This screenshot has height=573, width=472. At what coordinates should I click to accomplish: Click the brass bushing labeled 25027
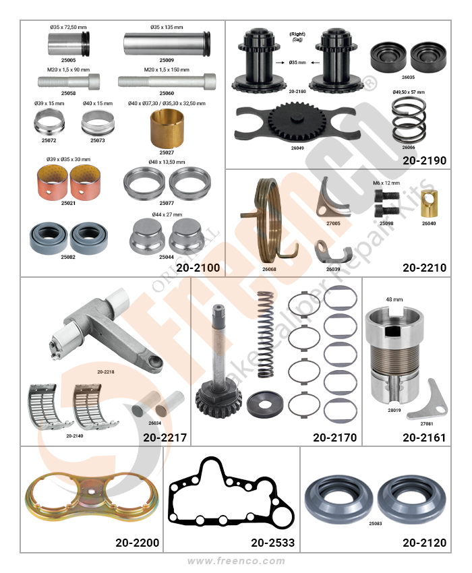(x=167, y=129)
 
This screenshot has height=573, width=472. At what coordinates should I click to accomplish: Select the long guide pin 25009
(x=167, y=44)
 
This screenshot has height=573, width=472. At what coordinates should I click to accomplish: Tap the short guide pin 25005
(x=68, y=44)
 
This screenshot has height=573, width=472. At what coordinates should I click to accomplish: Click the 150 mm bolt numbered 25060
(x=167, y=81)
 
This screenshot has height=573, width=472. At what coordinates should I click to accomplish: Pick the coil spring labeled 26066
(x=409, y=120)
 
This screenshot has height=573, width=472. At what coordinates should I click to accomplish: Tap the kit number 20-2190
(x=425, y=161)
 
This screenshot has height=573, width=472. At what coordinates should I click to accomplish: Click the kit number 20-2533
(x=272, y=543)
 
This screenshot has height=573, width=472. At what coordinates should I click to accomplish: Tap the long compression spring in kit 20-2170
(x=266, y=335)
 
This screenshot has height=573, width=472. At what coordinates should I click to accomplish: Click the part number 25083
(x=375, y=524)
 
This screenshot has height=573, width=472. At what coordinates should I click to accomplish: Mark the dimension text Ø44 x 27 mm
(x=167, y=214)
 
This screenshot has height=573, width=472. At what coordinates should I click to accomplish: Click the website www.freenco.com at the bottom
(x=236, y=562)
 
